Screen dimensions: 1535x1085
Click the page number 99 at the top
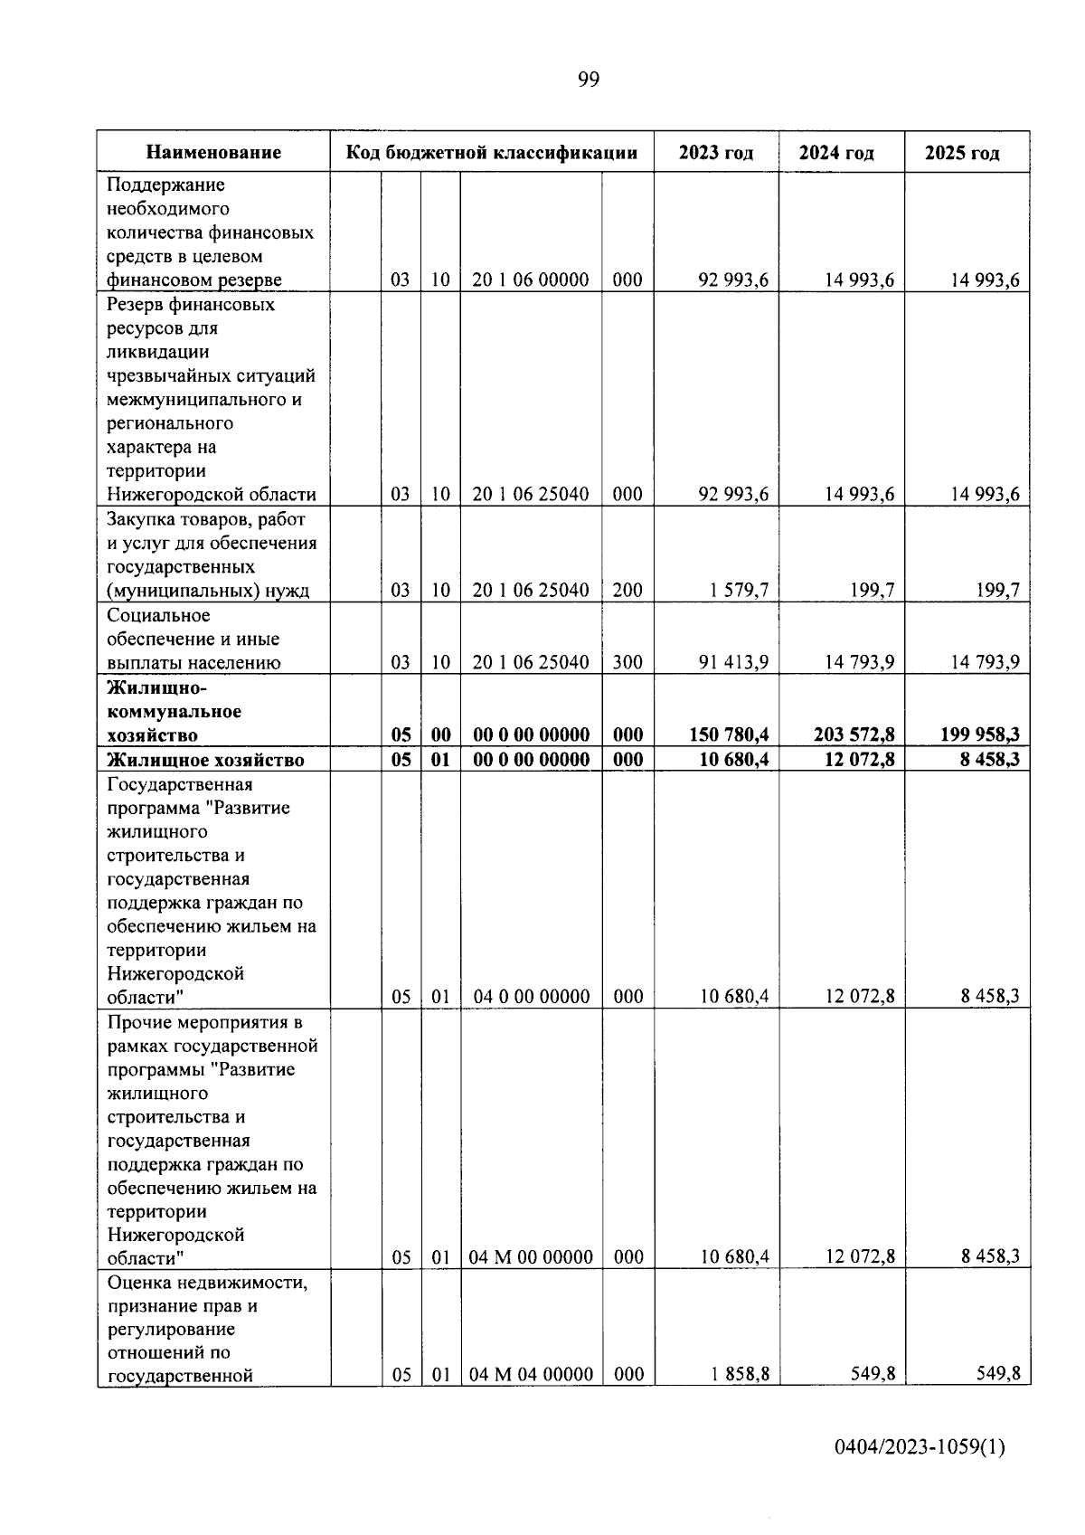[x=588, y=81]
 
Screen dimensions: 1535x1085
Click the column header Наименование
[x=213, y=153]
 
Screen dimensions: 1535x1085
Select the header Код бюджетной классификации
[x=492, y=153]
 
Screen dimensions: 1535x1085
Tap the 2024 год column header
[x=836, y=153]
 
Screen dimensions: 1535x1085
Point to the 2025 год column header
[x=962, y=153]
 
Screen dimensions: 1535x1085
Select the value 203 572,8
[x=854, y=735]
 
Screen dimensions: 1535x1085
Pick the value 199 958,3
[x=979, y=735]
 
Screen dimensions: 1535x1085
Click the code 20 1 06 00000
[x=531, y=280]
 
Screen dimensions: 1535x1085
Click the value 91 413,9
[x=733, y=663]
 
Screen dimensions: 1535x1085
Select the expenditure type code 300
[x=627, y=663]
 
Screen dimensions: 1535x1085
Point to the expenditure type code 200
[x=627, y=591]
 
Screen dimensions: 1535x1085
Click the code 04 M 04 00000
[x=531, y=1375]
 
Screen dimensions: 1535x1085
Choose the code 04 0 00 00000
[x=531, y=997]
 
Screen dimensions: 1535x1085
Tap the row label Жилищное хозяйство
[x=205, y=760]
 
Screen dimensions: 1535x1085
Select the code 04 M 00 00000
[x=531, y=1257]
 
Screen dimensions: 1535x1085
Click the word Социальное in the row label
[x=158, y=616]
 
